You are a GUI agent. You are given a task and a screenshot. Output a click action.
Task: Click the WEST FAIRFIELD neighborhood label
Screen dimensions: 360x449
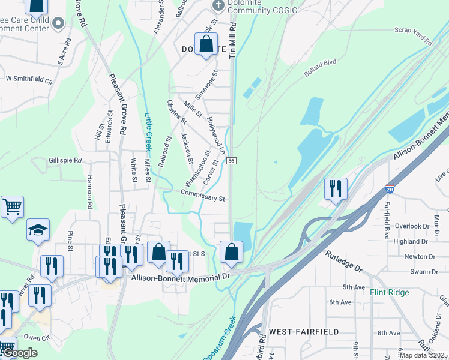pyautogui.click(x=304, y=331)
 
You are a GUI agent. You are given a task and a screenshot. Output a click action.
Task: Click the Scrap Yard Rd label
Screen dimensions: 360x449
pyautogui.click(x=413, y=36)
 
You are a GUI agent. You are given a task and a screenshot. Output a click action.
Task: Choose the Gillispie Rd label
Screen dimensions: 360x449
pyautogui.click(x=65, y=161)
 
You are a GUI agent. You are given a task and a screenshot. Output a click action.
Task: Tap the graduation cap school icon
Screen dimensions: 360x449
pyautogui.click(x=38, y=230)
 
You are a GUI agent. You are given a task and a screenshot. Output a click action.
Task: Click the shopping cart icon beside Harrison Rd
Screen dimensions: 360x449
pyautogui.click(x=12, y=207)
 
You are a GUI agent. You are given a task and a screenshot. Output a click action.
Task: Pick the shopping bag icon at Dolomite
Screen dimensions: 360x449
pyautogui.click(x=206, y=44)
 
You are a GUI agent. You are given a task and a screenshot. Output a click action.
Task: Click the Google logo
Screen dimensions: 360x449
pyautogui.click(x=20, y=353)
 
